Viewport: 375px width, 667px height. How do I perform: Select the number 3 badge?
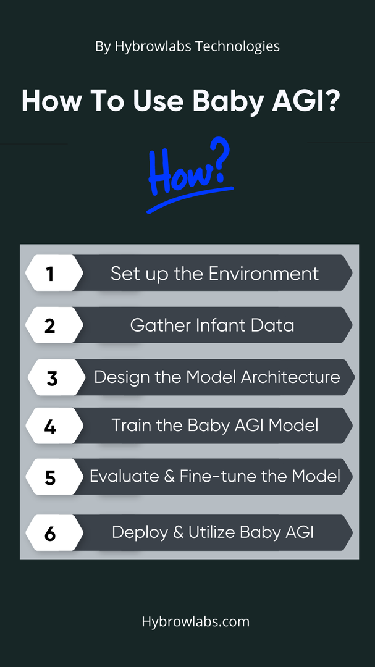pos(57,377)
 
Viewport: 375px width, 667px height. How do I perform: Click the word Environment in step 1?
pos(264,273)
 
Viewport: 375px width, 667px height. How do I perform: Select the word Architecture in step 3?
pos(290,377)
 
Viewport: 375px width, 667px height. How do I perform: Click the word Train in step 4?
pos(130,426)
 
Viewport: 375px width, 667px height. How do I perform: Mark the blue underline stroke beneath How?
pos(190,199)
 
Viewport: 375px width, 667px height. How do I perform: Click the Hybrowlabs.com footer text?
pos(196,621)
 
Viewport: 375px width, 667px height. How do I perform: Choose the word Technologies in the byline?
pos(238,46)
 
